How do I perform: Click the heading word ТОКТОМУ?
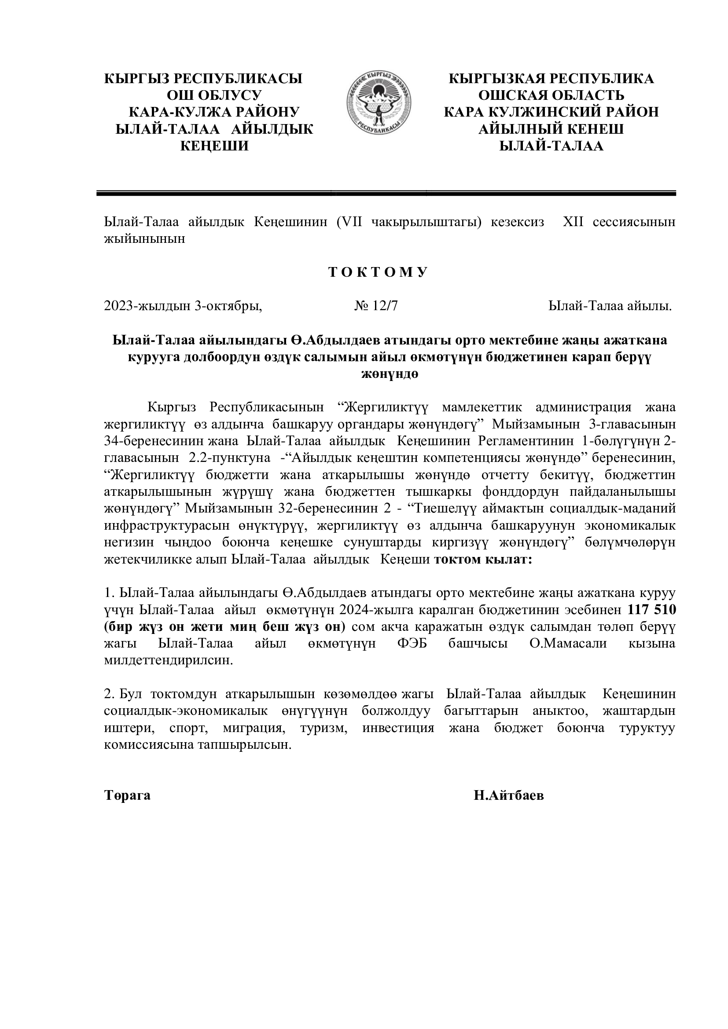[379, 272]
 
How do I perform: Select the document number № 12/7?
[375, 306]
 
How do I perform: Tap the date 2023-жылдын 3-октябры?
[183, 306]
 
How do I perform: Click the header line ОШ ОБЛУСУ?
[214, 95]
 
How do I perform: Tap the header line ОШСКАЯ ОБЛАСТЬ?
[552, 95]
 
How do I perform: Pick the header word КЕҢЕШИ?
[214, 146]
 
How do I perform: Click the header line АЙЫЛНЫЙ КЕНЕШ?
[552, 129]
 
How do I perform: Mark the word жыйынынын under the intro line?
[144, 239]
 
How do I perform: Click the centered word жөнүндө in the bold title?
[390, 374]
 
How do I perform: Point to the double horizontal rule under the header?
[386, 194]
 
